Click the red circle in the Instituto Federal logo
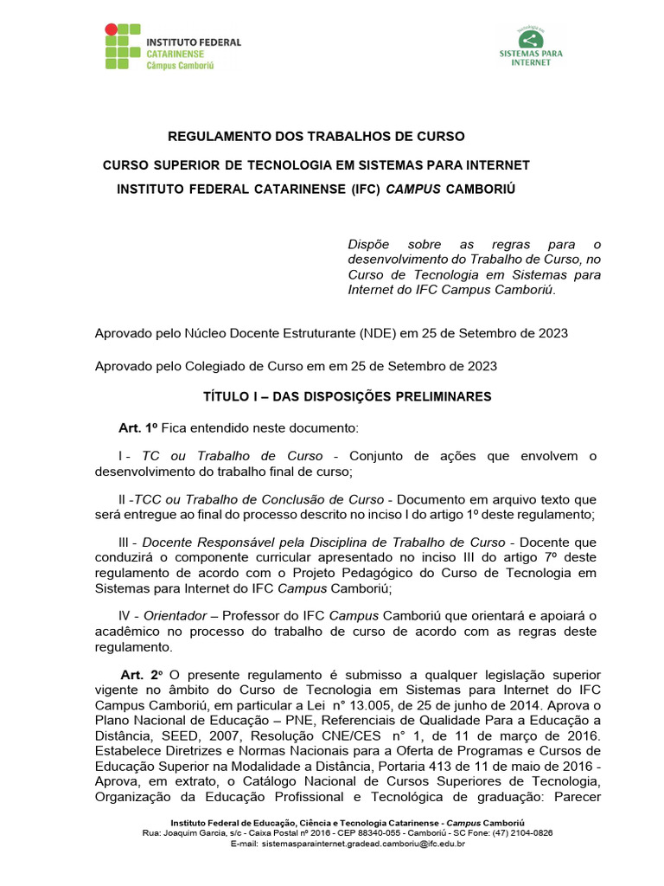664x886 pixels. coord(111,30)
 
